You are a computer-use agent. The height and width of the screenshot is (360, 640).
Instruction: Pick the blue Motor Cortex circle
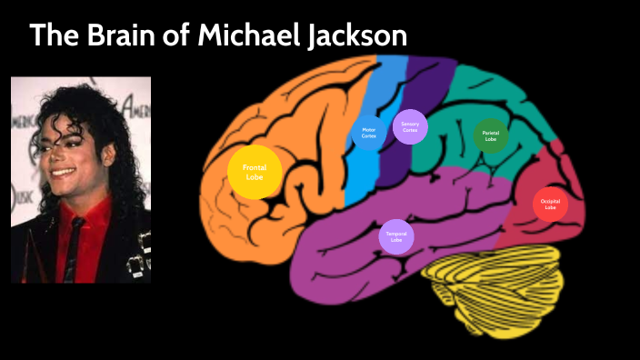pyautogui.click(x=368, y=133)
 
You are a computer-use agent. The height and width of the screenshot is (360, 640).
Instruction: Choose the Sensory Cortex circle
pyautogui.click(x=409, y=127)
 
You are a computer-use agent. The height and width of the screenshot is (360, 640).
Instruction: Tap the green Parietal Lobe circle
pyautogui.click(x=490, y=136)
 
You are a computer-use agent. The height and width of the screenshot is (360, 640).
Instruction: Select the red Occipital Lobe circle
pyautogui.click(x=550, y=205)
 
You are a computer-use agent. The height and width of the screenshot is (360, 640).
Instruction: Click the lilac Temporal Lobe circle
pyautogui.click(x=395, y=236)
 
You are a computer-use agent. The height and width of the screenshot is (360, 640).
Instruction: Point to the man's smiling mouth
pyautogui.click(x=62, y=170)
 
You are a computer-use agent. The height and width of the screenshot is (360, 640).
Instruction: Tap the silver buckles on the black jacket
pyautogui.click(x=136, y=258)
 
